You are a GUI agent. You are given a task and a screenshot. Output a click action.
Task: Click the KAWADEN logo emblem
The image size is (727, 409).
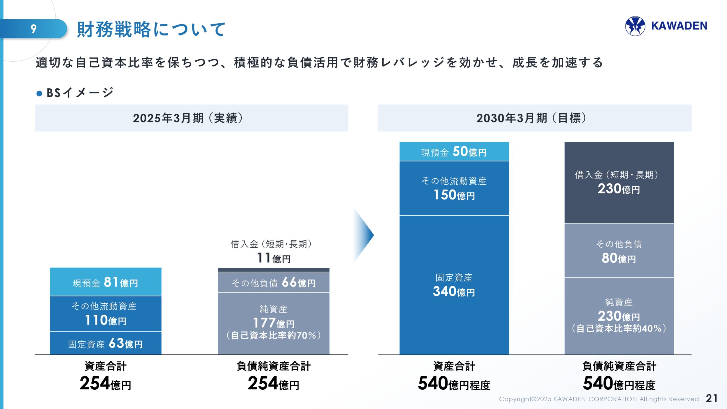pyautogui.click(x=635, y=26)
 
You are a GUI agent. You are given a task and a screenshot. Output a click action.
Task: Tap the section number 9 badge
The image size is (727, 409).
pyautogui.click(x=34, y=29)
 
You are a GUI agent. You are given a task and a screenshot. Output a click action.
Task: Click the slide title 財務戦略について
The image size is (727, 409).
pyautogui.click(x=151, y=29)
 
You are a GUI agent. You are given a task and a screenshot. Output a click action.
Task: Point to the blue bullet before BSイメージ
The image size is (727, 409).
pyautogui.click(x=39, y=93)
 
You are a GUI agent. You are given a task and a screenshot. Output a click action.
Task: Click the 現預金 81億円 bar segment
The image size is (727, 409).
pyautogui.click(x=106, y=282)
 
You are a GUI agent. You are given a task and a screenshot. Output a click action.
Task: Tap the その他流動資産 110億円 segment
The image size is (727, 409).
pyautogui.click(x=106, y=314)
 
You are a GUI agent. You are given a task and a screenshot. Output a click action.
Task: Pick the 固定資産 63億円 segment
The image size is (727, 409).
pyautogui.click(x=106, y=343)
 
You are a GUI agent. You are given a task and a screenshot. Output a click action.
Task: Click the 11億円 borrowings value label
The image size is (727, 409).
pyautogui.click(x=273, y=258)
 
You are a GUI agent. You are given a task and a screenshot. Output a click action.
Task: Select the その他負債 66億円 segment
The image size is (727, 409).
pyautogui.click(x=273, y=283)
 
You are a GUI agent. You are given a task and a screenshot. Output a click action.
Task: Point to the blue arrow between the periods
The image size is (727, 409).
pyautogui.click(x=364, y=235)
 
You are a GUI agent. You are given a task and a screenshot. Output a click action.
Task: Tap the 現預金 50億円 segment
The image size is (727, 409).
pyautogui.click(x=454, y=152)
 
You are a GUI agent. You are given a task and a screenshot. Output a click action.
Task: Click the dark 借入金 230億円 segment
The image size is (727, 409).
pyautogui.click(x=619, y=182)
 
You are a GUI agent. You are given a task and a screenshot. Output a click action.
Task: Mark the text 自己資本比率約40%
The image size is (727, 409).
pyautogui.click(x=619, y=329)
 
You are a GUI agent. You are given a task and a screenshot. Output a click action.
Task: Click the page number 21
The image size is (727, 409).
pyautogui.click(x=712, y=398)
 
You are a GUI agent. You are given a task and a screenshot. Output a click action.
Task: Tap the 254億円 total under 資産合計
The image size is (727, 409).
pyautogui.click(x=105, y=384)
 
